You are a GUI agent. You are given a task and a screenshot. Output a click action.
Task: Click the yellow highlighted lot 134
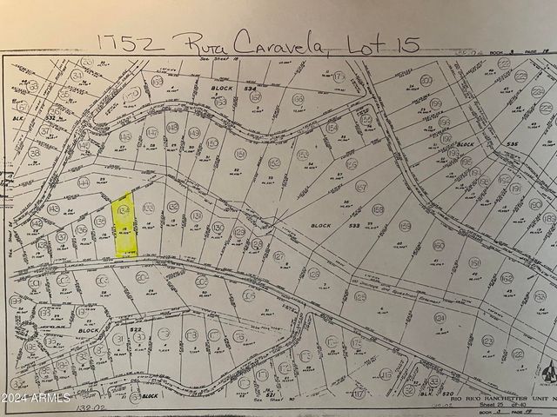click(125, 224)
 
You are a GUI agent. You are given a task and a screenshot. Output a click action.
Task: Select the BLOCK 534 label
click(235, 88)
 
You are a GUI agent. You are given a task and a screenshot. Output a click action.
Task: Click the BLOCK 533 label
click(334, 225)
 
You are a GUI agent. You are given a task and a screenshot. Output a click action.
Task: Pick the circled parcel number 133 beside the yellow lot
click(149, 208)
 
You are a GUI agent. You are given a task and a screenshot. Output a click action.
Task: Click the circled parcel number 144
click(84, 183)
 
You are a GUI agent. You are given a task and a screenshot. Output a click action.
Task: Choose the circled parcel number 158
click(377, 209)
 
